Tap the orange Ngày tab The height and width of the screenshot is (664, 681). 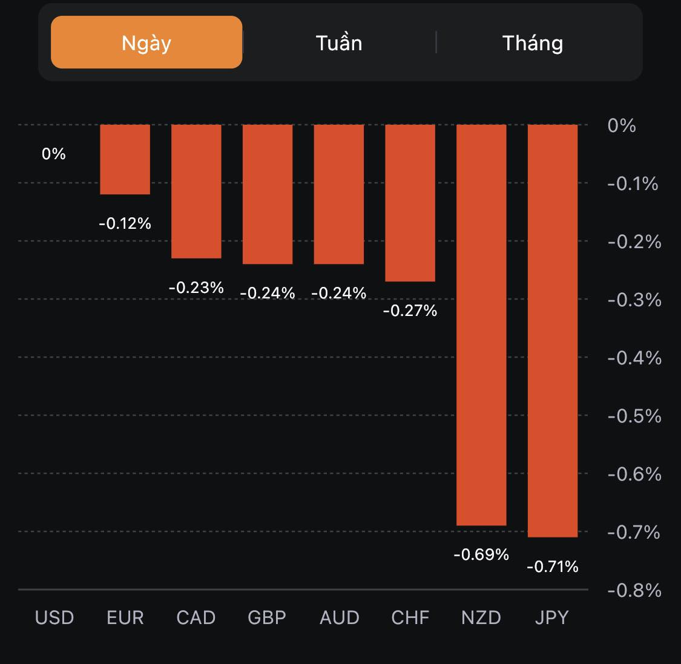(x=146, y=42)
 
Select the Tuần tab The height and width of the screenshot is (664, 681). (x=339, y=43)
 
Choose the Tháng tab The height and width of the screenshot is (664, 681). (x=533, y=43)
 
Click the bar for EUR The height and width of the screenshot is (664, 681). (x=125, y=159)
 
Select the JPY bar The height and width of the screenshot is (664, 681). (x=553, y=330)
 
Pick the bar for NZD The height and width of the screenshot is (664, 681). (x=481, y=324)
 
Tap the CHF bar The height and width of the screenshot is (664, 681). (x=410, y=203)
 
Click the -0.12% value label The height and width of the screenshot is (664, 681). (x=125, y=223)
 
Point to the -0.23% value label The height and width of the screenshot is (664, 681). (x=196, y=288)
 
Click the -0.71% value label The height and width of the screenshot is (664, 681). (x=553, y=567)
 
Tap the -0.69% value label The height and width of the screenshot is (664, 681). (x=481, y=554)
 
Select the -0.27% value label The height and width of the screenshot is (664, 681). (x=410, y=311)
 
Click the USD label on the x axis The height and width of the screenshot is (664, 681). (x=54, y=617)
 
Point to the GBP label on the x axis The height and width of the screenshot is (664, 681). (x=267, y=617)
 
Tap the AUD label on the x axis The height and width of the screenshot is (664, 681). (x=340, y=617)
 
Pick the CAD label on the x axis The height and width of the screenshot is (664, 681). (x=196, y=617)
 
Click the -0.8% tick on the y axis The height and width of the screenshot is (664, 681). (x=634, y=590)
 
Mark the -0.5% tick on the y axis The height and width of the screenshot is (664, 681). (x=634, y=416)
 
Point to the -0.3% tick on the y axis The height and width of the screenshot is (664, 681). (x=634, y=300)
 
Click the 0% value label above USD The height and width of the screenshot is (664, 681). (x=53, y=154)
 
